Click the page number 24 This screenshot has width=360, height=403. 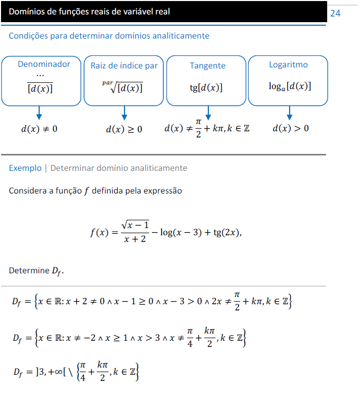[x=335, y=13]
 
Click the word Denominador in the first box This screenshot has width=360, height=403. [x=44, y=64]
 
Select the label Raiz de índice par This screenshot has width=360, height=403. [x=124, y=65]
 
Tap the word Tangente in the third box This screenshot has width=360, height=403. [x=207, y=65]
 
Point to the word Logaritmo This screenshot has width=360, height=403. [x=289, y=64]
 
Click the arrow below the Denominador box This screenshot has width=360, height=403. [x=39, y=113]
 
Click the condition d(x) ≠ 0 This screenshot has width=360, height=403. [x=39, y=129]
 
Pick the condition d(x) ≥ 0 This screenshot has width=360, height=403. [x=124, y=129]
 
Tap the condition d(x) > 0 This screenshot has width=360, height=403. [x=291, y=128]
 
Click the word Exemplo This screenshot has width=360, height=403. [x=25, y=168]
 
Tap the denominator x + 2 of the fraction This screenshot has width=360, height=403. [x=135, y=240]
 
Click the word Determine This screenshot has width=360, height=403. [x=28, y=270]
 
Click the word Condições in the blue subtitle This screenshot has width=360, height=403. [x=28, y=36]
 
